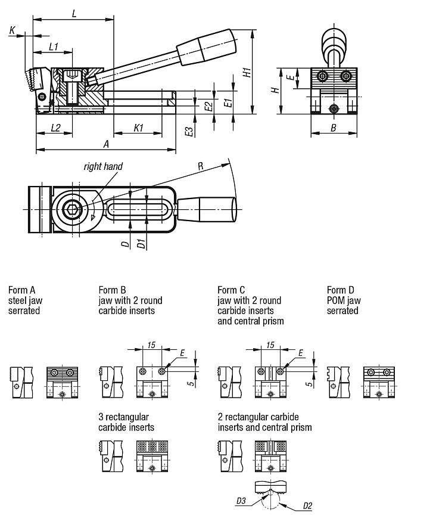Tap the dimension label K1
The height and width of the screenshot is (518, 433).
tap(139, 127)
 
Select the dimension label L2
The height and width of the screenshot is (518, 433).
tap(55, 127)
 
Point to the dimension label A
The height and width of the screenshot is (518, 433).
tap(106, 144)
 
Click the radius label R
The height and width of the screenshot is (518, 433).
tap(201, 166)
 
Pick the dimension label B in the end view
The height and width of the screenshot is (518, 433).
tap(334, 128)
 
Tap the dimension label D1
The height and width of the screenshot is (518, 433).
tap(141, 244)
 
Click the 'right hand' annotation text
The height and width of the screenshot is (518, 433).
tap(103, 166)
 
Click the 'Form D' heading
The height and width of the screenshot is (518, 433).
tap(340, 290)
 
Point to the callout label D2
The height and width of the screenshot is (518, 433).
tap(307, 506)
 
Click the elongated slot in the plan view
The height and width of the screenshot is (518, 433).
tap(140, 209)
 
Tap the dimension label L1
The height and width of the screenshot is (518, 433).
tap(53, 46)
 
